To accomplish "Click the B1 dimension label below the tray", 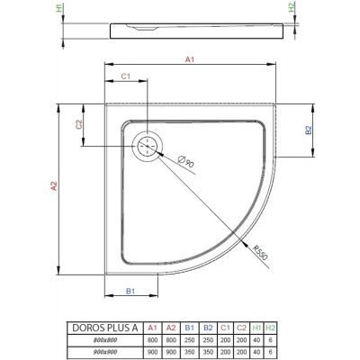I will point(130,291).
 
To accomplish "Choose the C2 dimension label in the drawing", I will point(79,125).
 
